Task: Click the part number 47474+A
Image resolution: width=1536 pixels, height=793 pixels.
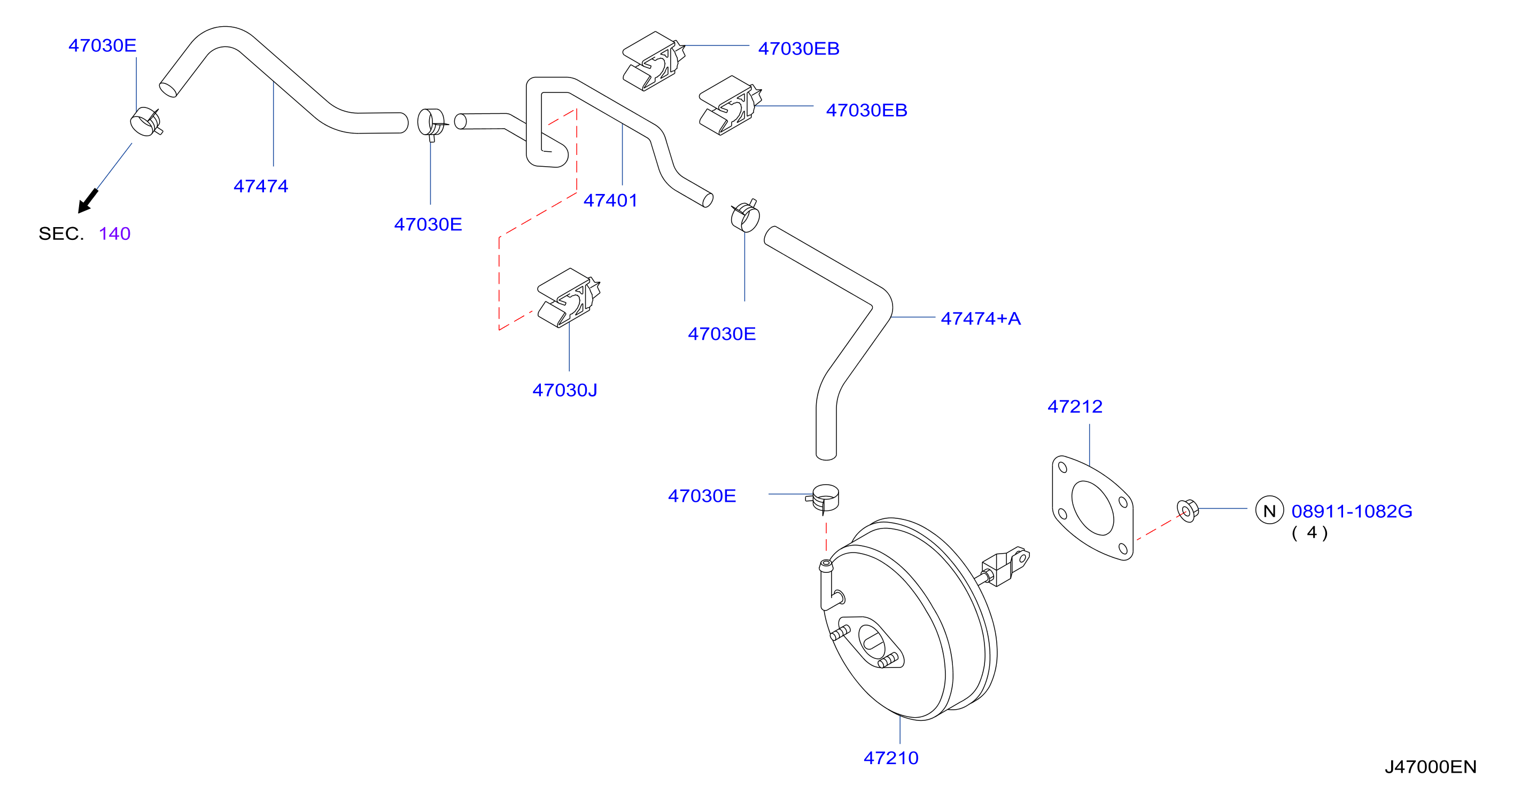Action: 980,318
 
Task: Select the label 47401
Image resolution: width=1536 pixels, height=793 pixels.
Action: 610,200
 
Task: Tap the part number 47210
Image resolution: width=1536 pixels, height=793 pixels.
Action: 891,758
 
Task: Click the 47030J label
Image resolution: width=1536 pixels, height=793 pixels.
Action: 565,390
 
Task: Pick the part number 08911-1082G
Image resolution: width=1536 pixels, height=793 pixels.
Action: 1352,511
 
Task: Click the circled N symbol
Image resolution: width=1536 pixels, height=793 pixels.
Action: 1269,510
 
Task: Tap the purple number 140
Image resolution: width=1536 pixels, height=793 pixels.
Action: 114,234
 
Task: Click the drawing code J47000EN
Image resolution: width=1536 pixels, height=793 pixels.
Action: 1431,767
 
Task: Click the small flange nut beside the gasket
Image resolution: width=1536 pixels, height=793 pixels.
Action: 1187,510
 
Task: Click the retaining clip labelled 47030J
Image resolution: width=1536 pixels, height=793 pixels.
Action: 568,298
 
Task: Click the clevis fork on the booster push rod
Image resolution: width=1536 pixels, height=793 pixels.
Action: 1006,565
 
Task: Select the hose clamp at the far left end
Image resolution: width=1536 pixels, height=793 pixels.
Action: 145,122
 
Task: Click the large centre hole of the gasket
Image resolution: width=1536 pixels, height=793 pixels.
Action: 1092,508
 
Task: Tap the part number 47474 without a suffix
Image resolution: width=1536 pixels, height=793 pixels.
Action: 261,186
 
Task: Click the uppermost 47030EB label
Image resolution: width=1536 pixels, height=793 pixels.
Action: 798,48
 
